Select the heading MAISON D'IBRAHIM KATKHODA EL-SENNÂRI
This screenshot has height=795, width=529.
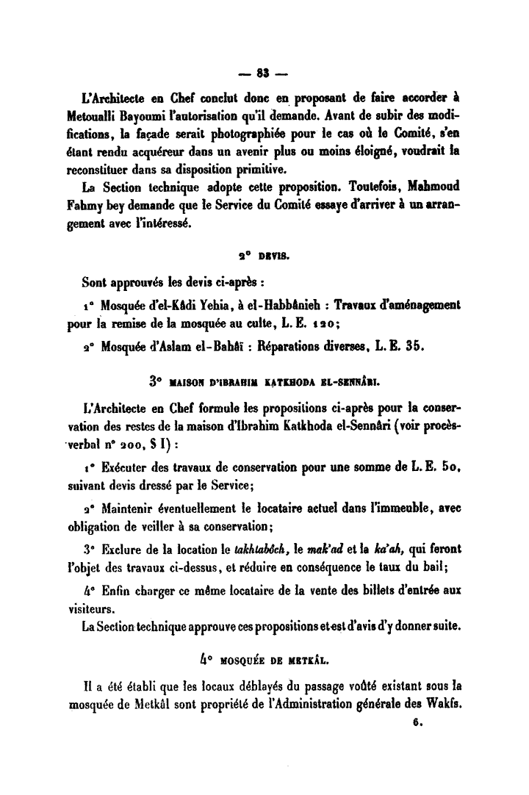(274, 382)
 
